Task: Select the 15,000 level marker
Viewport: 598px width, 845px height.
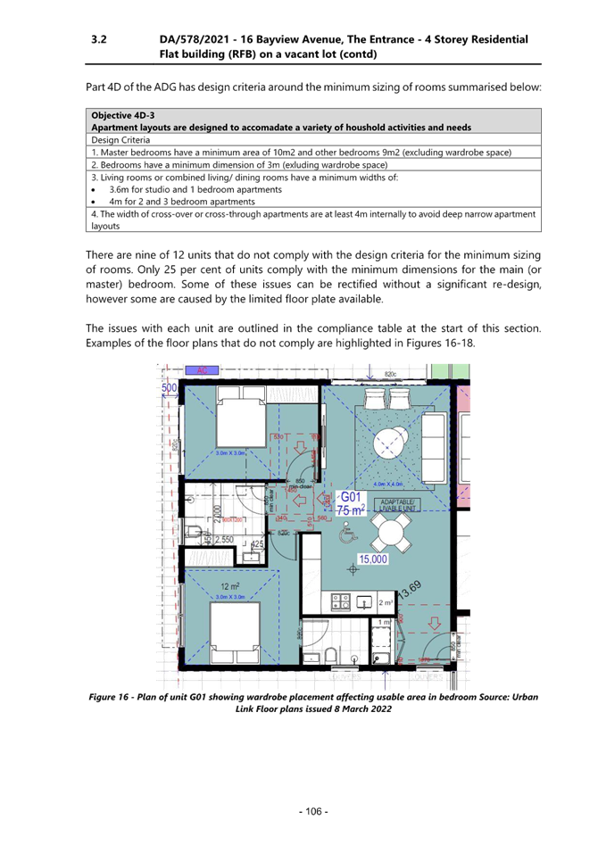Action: (373, 559)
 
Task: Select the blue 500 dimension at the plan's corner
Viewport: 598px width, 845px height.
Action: (169, 389)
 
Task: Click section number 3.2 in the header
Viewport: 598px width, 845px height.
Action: (99, 40)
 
